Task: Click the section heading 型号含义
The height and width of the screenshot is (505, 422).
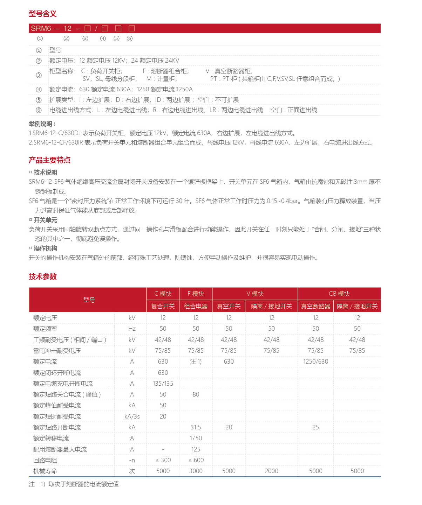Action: point(42,14)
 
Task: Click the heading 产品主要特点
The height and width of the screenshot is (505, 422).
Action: point(49,160)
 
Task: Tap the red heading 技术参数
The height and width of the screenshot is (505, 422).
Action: point(42,276)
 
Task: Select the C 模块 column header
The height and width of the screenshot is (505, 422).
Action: point(163,294)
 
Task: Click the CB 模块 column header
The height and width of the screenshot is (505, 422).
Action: point(339,294)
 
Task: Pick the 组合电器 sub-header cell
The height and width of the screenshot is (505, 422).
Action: point(196,306)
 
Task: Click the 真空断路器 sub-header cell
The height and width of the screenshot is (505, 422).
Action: point(315,306)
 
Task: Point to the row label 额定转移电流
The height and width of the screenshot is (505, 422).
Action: point(51,438)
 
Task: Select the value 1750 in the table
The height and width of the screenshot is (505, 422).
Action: point(196,438)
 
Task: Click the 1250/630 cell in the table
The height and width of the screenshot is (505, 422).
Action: point(315,362)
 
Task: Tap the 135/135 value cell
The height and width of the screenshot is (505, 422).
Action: point(163,384)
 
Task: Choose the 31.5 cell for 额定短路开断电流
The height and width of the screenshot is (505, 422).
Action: point(196,427)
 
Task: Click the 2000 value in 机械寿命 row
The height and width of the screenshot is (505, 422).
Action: point(271,471)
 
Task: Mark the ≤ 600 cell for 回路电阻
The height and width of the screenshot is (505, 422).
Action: point(196,460)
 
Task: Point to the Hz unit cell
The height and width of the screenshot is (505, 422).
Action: point(132,329)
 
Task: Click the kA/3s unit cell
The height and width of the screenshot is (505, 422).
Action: point(132,416)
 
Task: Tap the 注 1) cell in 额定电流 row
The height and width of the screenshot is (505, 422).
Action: point(196,362)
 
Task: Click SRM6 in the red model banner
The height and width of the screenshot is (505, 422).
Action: point(41,28)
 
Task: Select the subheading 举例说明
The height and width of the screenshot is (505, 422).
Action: point(42,124)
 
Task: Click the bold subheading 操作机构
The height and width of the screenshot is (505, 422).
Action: point(45,248)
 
